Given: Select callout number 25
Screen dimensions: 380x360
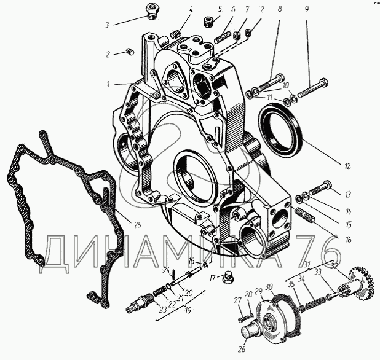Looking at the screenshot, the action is [x=138, y=225].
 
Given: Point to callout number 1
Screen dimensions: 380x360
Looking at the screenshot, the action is [x=109, y=84].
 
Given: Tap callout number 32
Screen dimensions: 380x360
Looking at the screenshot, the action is [x=335, y=266].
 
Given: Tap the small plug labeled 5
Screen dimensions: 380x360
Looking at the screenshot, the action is [x=210, y=22].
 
